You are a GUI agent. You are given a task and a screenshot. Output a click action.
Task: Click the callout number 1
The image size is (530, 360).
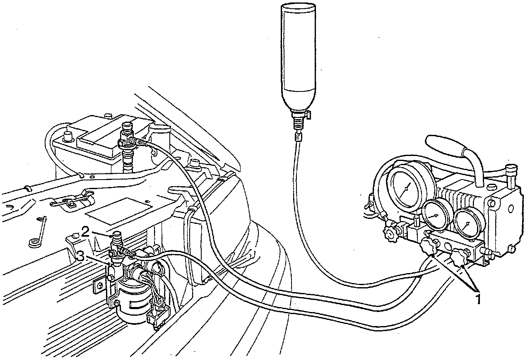point(478,298)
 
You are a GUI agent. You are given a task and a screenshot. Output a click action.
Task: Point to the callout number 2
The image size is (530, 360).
point(85,232)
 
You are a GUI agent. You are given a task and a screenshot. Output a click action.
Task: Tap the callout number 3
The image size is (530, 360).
point(81,257)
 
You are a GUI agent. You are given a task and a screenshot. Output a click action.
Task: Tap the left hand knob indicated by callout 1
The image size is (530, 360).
point(428,247)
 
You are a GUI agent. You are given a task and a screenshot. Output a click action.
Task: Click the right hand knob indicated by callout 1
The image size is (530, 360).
point(458,258)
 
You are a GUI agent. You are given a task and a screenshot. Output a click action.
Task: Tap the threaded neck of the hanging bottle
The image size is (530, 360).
point(298,120)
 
